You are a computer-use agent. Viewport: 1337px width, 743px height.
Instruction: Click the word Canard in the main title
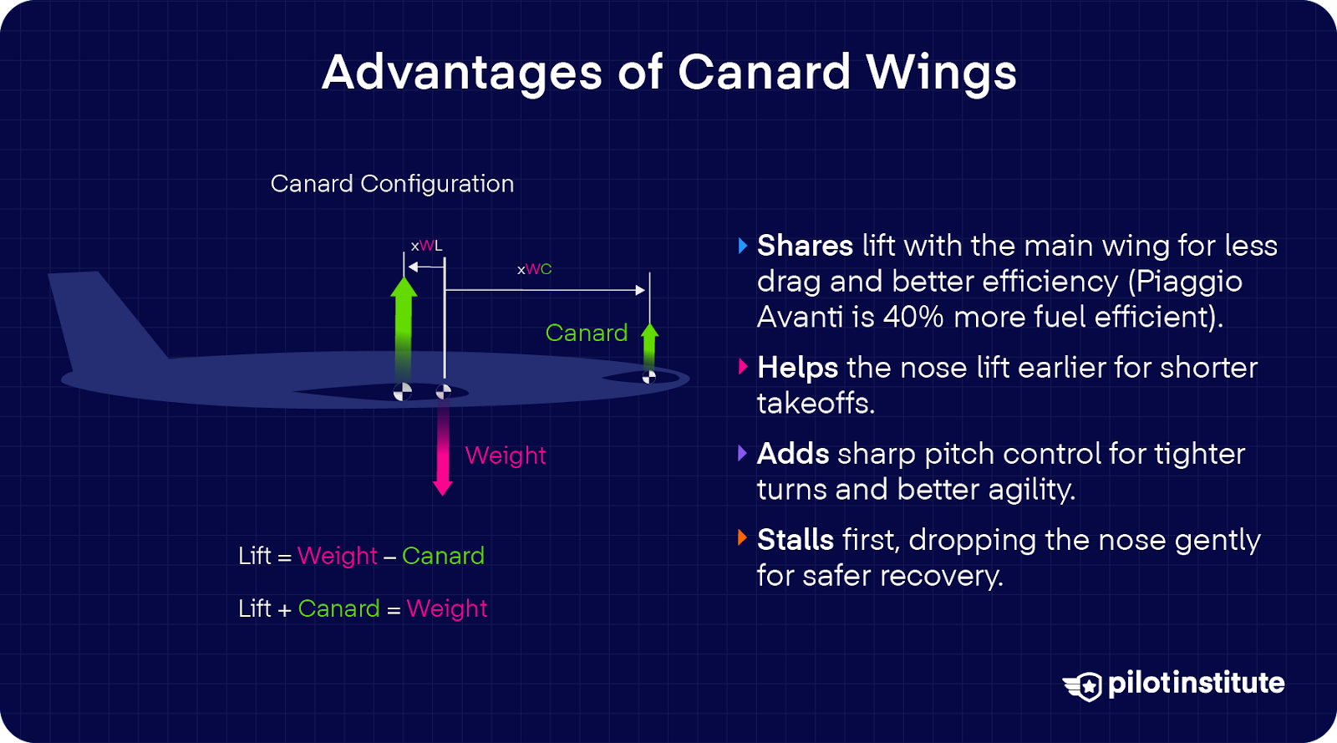pos(763,72)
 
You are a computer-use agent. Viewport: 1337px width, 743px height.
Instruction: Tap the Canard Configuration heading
pos(392,184)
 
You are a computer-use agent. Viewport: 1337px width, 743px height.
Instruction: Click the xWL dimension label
pos(426,246)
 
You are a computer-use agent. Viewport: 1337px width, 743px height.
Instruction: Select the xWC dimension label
pos(535,269)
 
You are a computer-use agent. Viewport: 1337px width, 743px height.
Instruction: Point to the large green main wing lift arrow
pos(404,326)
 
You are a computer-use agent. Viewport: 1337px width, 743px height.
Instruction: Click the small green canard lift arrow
pos(649,347)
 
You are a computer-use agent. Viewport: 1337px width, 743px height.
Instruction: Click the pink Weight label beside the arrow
pos(506,455)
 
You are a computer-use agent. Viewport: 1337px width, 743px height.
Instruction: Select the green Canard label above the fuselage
pos(587,333)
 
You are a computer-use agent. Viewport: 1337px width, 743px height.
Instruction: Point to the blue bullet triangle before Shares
pos(743,246)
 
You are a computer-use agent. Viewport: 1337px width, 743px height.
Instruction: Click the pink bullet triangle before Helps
pos(743,367)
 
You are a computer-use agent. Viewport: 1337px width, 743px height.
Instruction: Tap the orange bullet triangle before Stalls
pos(742,538)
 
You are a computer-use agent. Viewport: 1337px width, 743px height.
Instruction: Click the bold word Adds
pos(793,454)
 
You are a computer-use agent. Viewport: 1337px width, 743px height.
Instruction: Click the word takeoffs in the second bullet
pos(816,404)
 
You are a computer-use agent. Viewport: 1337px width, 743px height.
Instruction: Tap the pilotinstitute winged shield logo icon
pos(1084,685)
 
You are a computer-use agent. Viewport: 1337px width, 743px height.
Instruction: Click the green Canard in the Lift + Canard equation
pos(338,608)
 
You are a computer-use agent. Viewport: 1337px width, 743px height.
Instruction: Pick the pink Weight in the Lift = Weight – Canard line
pos(338,556)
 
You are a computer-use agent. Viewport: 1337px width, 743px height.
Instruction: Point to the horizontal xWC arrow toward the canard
pos(543,290)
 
